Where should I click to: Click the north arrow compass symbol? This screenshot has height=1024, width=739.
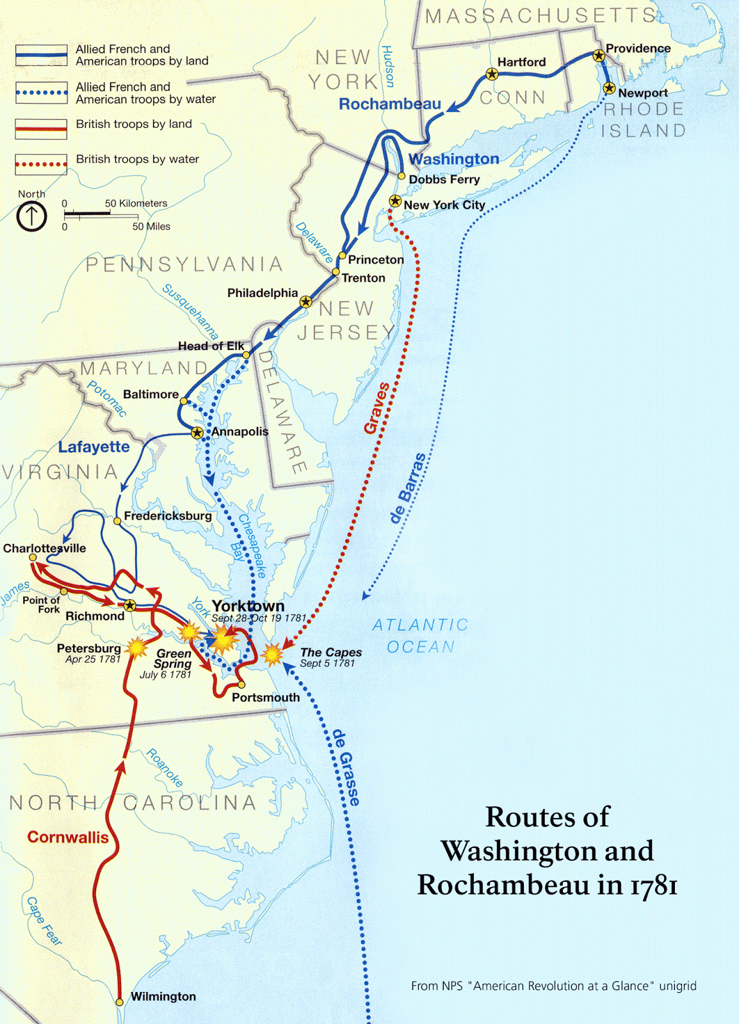(31, 216)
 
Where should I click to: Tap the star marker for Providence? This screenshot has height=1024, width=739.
(599, 56)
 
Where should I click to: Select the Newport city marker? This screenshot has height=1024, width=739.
(609, 88)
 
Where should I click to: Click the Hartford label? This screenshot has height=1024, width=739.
(521, 62)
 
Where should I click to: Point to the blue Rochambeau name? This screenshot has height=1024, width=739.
(389, 104)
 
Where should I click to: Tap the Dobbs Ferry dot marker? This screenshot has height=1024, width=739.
(402, 176)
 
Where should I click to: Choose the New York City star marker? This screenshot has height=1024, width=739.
(395, 201)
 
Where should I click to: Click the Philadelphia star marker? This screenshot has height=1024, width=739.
(306, 301)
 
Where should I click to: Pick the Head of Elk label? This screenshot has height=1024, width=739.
(211, 346)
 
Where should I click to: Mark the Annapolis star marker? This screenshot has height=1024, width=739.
(197, 433)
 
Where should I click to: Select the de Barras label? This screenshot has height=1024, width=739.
(408, 488)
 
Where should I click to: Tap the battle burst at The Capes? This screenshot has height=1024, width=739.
(273, 654)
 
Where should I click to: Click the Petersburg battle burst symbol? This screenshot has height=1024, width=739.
(136, 648)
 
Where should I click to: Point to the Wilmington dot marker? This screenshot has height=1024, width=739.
(120, 1002)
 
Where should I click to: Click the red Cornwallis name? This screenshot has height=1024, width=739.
(68, 837)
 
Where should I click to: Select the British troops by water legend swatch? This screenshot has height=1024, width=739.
(41, 164)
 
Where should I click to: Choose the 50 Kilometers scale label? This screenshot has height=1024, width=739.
(136, 204)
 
